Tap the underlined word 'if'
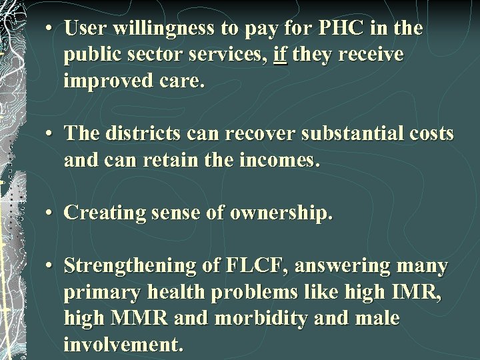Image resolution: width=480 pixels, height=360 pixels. tap(280, 55)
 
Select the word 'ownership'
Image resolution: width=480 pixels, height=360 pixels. tap(279, 213)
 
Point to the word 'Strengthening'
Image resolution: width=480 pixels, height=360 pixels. tap(130, 267)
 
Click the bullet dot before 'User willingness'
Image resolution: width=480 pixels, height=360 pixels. tap(50, 29)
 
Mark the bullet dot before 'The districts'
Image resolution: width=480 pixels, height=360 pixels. tap(50, 133)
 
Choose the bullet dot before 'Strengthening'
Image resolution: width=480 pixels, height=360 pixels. tap(50, 267)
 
